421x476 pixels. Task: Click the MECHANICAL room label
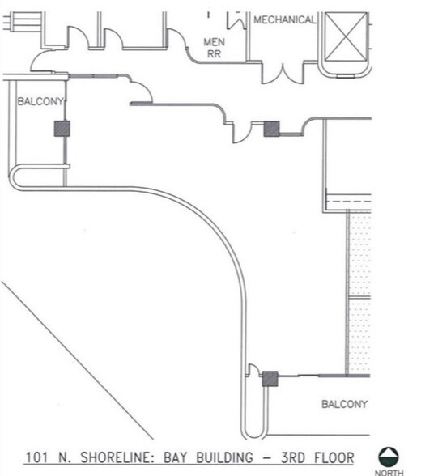(x=284, y=19)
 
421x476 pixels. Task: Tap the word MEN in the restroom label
(x=214, y=42)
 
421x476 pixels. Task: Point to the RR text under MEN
(x=214, y=54)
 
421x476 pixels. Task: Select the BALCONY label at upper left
(x=36, y=101)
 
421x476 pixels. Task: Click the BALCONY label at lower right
(x=344, y=403)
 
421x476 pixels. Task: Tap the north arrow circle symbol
(x=389, y=456)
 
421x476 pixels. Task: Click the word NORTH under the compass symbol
(x=389, y=472)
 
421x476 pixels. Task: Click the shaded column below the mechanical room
(x=272, y=127)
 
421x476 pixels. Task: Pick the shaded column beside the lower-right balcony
(x=270, y=378)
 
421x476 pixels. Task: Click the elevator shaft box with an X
(x=345, y=38)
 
